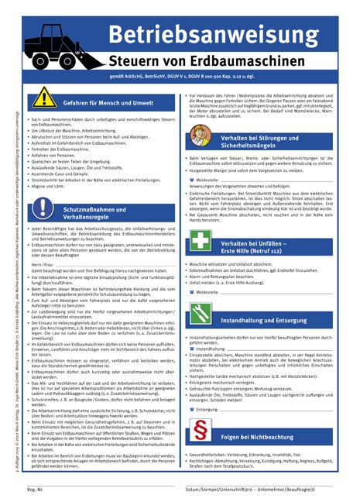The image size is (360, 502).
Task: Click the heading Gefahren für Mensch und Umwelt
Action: tap(108, 102)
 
